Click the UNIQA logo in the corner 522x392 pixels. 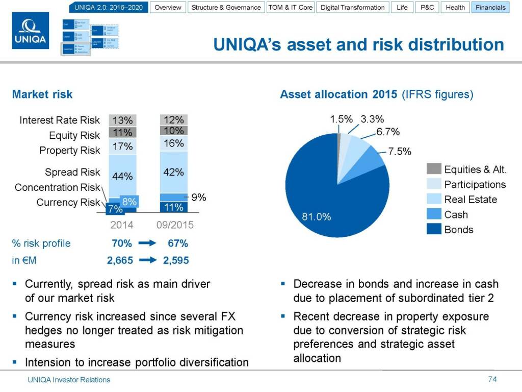pos(31,31)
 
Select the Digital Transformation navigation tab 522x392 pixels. pos(352,8)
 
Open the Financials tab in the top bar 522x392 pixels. pos(490,8)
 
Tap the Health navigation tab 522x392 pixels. pos(455,8)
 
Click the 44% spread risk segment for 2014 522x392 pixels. pos(122,176)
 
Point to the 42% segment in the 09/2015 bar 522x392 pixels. pos(173,172)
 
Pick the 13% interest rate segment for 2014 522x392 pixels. pos(122,120)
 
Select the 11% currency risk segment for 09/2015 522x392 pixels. pos(173,207)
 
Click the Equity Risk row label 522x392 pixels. pos(74,135)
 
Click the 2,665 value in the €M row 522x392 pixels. pos(120,260)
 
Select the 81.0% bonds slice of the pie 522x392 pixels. pos(326,204)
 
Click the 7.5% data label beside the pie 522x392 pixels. pos(399,152)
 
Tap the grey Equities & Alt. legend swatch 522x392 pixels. pos(434,169)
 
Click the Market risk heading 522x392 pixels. pos(42,94)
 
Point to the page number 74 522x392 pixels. pos(492,379)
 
